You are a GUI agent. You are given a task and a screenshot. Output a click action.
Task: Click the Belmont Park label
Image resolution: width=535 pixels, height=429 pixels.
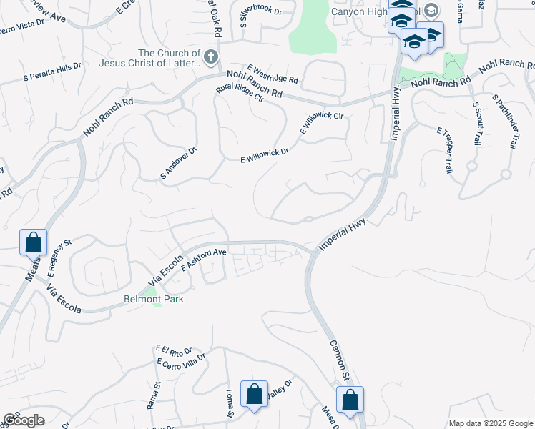tap(154, 299)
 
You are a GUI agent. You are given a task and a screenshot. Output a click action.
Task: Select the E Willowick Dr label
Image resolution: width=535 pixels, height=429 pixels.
tap(265, 156)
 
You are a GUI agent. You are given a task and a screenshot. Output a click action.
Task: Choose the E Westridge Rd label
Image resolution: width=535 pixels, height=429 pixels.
tap(273, 74)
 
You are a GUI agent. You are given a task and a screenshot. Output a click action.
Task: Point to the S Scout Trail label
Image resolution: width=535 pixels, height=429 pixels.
tap(477, 123)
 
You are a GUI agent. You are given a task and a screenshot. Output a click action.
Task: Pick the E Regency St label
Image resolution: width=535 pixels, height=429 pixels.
tap(60, 258)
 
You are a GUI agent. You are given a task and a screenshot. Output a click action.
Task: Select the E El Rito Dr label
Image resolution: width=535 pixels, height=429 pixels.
tap(174, 350)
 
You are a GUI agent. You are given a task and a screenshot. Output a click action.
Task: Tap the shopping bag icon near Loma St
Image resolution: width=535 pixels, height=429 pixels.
tap(254, 393)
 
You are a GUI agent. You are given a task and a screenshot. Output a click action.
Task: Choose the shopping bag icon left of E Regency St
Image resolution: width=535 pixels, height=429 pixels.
tap(34, 242)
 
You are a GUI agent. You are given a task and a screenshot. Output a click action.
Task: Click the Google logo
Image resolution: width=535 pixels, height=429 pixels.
tap(24, 421)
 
